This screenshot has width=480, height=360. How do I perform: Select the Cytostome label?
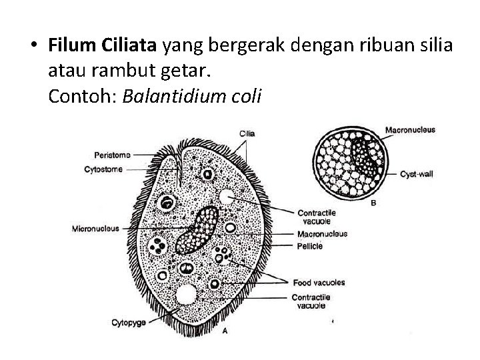(x=103, y=169)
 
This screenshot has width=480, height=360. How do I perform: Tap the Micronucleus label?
(x=95, y=229)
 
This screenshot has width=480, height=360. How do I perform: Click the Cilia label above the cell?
(x=246, y=134)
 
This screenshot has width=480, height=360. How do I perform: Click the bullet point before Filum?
(x=33, y=46)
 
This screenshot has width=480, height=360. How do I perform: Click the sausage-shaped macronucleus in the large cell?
(x=197, y=230)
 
